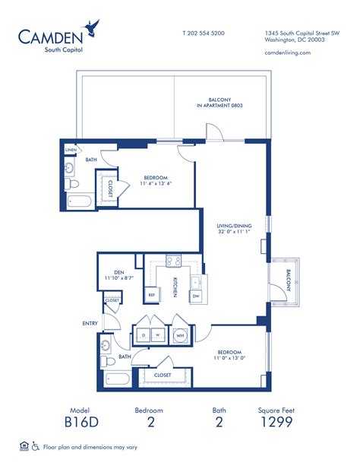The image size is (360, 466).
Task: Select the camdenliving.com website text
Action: (x=289, y=52)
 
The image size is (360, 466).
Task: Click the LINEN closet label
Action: (x=71, y=150)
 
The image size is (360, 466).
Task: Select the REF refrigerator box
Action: (x=152, y=294)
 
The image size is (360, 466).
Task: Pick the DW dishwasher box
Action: (x=195, y=294)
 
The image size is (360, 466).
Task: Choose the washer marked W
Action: (x=158, y=334)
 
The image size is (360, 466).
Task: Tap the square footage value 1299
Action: (x=276, y=423)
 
